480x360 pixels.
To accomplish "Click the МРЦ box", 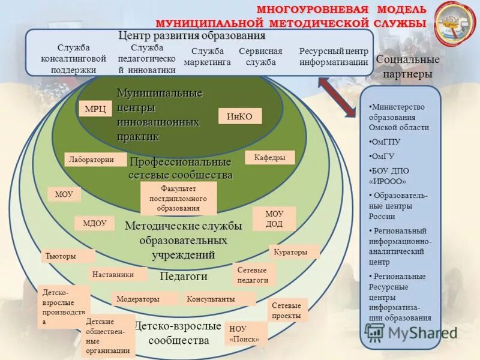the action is pos(95,109).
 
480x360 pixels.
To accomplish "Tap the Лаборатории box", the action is pos(95,160).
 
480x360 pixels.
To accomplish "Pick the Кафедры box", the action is pos(269,158).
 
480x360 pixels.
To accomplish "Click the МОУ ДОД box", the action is pos(274,219).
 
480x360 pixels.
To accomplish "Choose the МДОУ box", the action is pos(94,223).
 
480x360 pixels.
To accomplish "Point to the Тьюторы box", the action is pos(67,256).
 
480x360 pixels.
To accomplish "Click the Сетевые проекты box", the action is pos(287,310).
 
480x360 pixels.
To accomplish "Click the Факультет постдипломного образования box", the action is pos(179,199).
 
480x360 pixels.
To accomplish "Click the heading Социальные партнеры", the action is pos(407,67).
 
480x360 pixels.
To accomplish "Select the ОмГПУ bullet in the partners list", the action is pos(387,142).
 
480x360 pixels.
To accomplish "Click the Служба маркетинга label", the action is pos(207,56).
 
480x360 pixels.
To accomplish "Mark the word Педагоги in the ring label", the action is pos(184,277).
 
